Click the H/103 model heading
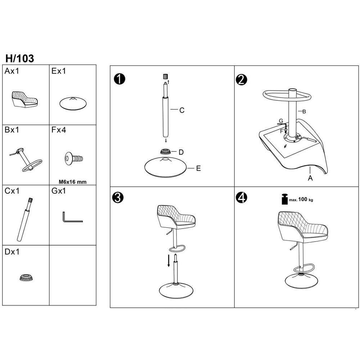pyautogui.click(x=20, y=59)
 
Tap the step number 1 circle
pyautogui.click(x=120, y=79)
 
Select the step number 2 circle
pyautogui.click(x=241, y=80)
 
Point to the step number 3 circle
pyautogui.click(x=118, y=197)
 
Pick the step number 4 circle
pyautogui.click(x=242, y=197)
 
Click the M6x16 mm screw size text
pyautogui.click(x=73, y=182)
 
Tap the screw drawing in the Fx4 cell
pyautogui.click(x=74, y=158)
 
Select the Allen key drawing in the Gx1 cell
pyautogui.click(x=72, y=217)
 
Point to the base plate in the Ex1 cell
pyautogui.click(x=73, y=103)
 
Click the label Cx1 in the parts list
pyautogui.click(x=12, y=191)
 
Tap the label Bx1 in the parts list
pyautogui.click(x=12, y=130)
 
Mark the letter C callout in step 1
pyautogui.click(x=182, y=111)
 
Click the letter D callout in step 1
pyautogui.click(x=181, y=152)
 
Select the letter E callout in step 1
pyautogui.click(x=198, y=168)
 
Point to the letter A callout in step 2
pyautogui.click(x=310, y=178)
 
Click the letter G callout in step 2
pyautogui.click(x=281, y=121)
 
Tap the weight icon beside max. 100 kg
pyautogui.click(x=284, y=199)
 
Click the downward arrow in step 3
pyautogui.click(x=169, y=260)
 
